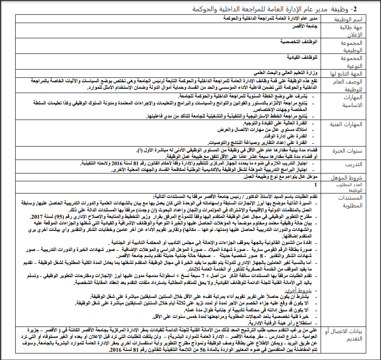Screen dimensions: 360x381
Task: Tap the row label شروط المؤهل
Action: [x=353, y=177]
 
